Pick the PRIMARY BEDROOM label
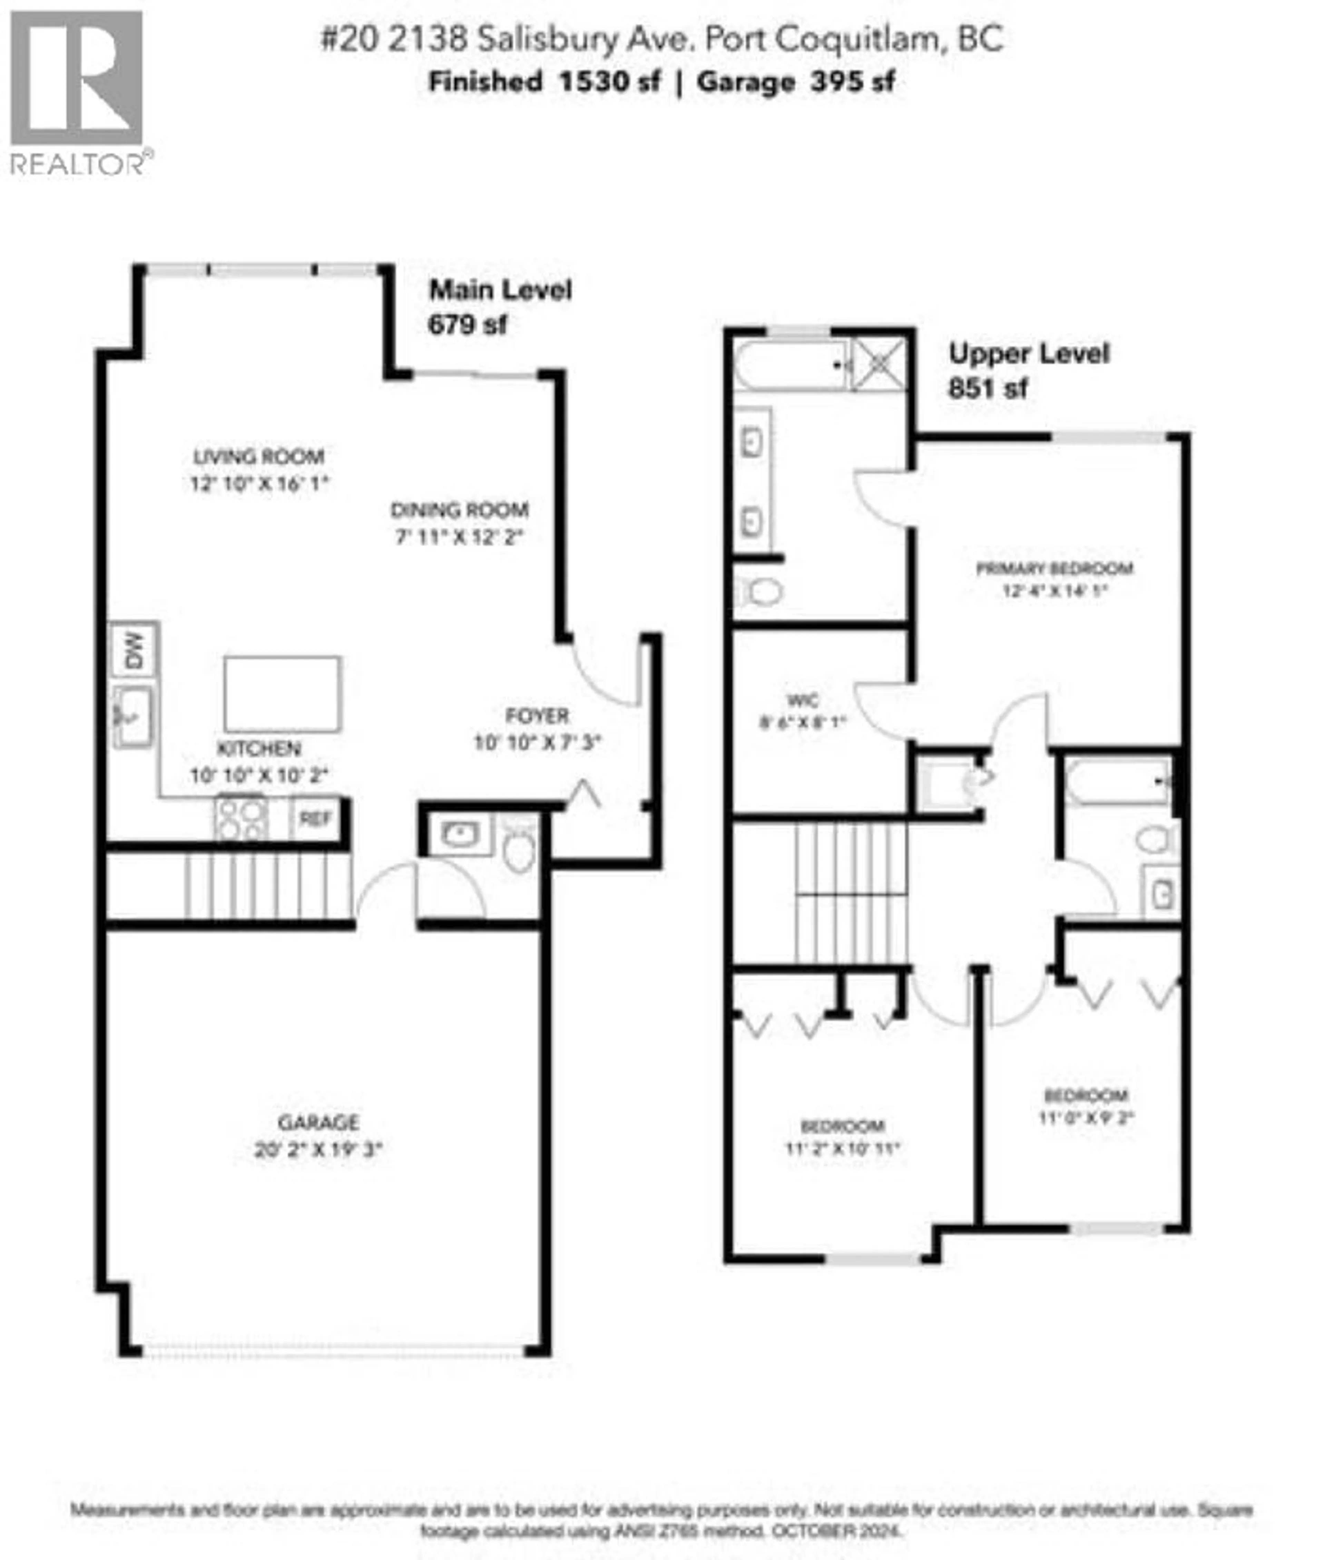click(x=1054, y=568)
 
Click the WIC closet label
click(x=802, y=700)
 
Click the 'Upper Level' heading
click(x=1028, y=353)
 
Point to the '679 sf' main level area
click(x=467, y=325)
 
